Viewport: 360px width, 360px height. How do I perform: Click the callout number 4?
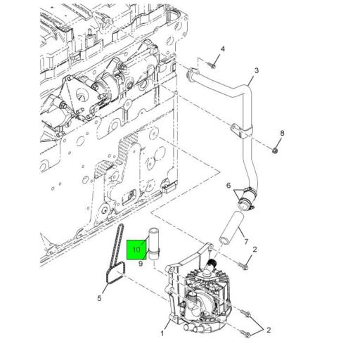(223, 49)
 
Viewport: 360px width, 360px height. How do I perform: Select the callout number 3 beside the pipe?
(257, 70)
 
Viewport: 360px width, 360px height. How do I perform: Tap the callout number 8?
(282, 133)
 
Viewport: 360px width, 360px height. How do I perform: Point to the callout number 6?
(229, 186)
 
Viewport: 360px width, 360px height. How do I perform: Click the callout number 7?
(246, 241)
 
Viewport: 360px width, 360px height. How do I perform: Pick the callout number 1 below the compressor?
(162, 333)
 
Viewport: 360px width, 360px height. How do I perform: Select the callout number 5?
(99, 298)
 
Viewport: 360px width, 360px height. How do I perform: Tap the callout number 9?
(141, 264)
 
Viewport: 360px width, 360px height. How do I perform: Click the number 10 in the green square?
(136, 250)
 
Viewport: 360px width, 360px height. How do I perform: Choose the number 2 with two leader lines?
(269, 330)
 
